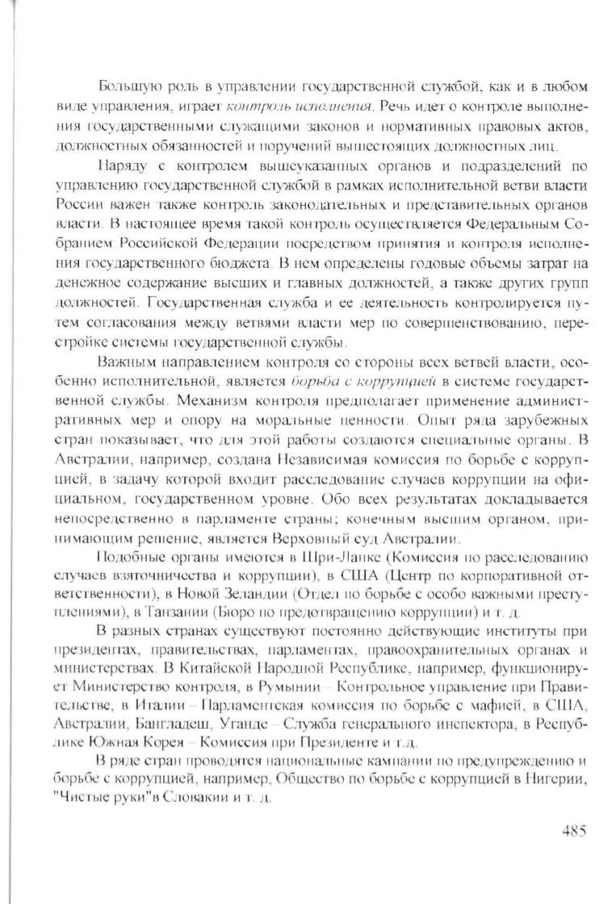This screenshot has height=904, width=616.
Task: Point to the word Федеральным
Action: pyautogui.click(x=501, y=223)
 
